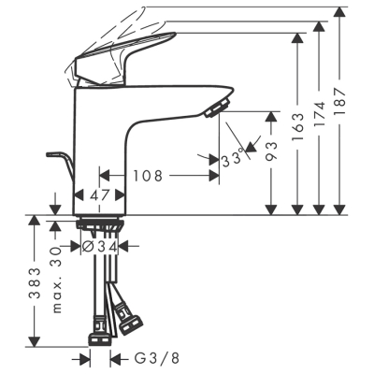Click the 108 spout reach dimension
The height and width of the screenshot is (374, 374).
point(152,175)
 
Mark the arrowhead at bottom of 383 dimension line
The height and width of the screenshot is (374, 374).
point(36,342)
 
